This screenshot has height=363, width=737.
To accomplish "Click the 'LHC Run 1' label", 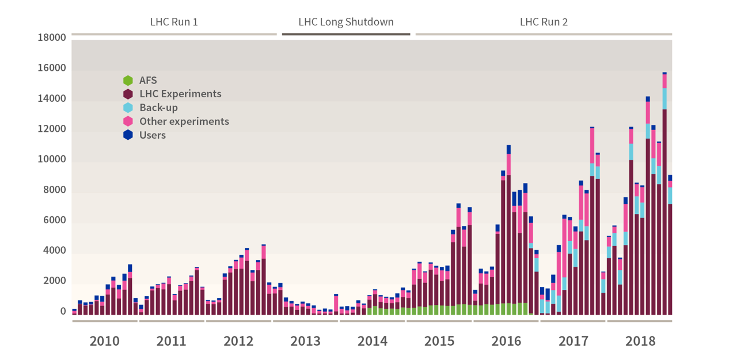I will (x=174, y=22).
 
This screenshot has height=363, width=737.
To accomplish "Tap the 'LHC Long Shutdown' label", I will (x=346, y=22).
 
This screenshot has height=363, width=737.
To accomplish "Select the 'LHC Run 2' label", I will (x=544, y=22).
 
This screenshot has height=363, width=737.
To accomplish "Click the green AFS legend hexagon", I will (x=128, y=81).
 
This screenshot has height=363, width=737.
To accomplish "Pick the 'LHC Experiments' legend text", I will (x=180, y=94).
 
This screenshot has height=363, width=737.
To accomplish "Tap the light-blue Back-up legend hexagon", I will (x=128, y=108).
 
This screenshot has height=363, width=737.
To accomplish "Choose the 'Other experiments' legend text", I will (x=184, y=121).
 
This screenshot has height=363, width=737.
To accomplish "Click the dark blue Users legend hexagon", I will (x=128, y=135).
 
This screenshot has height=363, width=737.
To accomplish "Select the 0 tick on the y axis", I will (x=63, y=312).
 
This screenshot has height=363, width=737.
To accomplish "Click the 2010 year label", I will (x=105, y=341).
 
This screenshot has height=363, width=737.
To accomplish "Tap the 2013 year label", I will (x=305, y=341).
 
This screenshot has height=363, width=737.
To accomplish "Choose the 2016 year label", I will (x=506, y=341).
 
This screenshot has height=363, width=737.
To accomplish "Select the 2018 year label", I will (x=640, y=341).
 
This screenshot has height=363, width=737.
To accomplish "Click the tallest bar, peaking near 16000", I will (x=664, y=196).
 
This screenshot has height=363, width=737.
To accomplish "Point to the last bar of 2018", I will (x=670, y=247).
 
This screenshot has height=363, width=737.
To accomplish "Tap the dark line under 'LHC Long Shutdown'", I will (x=346, y=34).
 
